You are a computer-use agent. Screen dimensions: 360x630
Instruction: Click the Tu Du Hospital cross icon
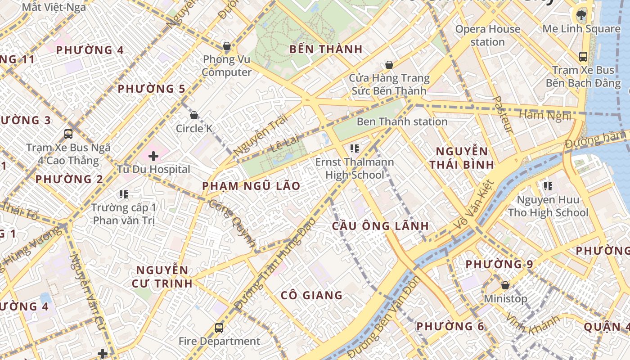[153, 157]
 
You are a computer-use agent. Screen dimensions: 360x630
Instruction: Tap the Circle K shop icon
[194, 115]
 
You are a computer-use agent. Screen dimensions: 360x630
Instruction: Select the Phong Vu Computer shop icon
[227, 46]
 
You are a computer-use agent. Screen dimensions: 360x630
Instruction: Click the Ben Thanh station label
[402, 121]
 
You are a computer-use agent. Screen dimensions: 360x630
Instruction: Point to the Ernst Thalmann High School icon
[355, 148]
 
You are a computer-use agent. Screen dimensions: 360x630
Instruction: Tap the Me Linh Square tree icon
[581, 15]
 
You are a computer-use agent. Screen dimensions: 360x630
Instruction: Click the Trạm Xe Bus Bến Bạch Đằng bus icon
[583, 57]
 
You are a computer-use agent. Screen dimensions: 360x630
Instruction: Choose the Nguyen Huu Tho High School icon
[548, 186]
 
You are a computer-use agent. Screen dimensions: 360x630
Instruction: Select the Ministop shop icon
[505, 285]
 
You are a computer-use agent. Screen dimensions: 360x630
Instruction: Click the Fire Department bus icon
[219, 328]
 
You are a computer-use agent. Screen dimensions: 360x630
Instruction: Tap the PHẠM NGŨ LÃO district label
[251, 186]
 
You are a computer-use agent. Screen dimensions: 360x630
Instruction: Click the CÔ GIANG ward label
[311, 295]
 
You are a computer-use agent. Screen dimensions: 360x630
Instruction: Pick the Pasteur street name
[503, 114]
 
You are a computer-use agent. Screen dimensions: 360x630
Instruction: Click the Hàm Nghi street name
[544, 115]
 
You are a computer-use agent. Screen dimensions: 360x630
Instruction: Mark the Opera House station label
[487, 36]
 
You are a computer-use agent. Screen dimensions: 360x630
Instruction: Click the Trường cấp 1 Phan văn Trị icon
[124, 194]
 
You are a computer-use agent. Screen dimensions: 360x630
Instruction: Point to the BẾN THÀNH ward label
[326, 49]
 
